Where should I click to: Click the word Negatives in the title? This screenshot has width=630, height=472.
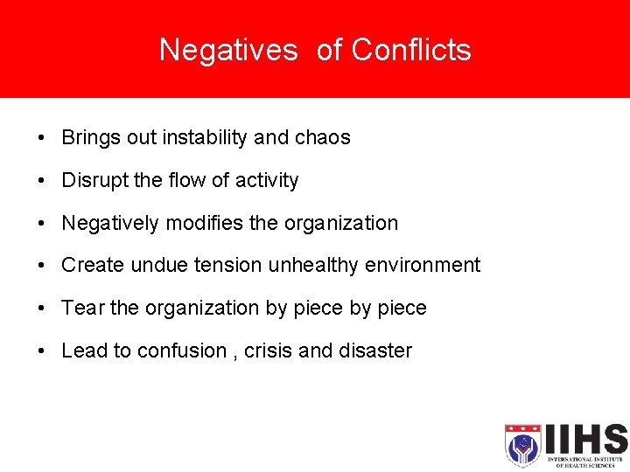coord(228,50)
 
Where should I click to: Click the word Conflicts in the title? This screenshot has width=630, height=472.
coord(411,50)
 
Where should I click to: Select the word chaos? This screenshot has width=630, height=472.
coord(323,137)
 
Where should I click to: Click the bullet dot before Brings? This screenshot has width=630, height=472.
coord(42,138)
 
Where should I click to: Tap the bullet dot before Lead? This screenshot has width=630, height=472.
coord(42,351)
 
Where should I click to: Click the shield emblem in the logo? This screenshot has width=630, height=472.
coord(522,445)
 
